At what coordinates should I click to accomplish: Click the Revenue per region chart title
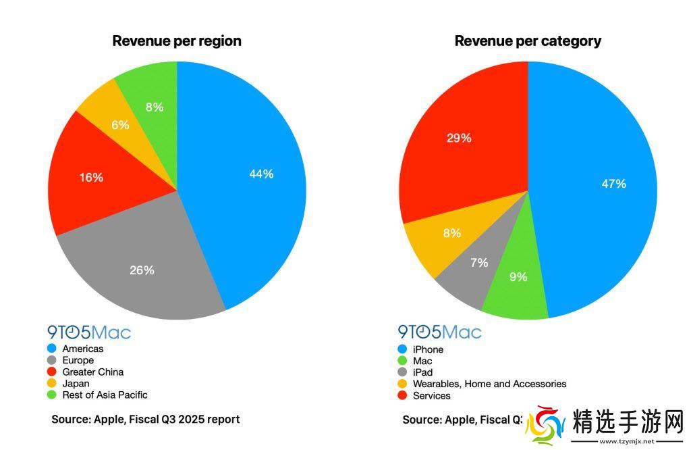click(x=177, y=41)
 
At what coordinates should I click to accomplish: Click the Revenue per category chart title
click(x=528, y=41)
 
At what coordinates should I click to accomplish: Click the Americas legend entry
click(x=82, y=349)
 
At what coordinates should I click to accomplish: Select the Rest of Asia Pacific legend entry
click(x=105, y=395)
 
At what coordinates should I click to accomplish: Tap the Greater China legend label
click(x=92, y=372)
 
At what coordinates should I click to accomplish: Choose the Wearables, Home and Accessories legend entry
click(x=489, y=384)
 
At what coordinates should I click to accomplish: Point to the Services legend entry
click(x=431, y=395)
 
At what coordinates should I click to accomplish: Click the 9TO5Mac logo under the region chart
click(x=89, y=332)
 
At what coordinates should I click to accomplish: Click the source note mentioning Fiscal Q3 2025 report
click(x=145, y=420)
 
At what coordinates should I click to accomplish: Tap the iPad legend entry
click(x=422, y=372)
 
